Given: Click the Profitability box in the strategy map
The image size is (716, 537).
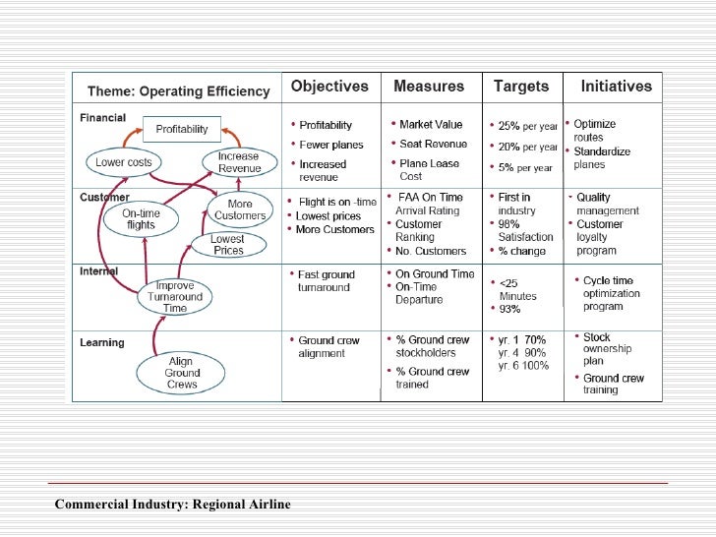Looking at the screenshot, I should pos(181,129).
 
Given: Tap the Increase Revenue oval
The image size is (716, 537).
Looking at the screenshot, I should pos(239,161).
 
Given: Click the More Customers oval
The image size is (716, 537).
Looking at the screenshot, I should pos(240,209).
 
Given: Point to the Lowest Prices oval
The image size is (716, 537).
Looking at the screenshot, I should pos(228,244).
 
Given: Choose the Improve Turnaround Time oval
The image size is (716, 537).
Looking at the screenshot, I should pos(175,296).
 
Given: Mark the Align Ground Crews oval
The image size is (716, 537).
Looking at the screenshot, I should pos(183,373).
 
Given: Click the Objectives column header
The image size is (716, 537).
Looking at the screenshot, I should pos(329,87).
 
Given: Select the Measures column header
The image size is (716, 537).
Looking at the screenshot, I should pos(429,87).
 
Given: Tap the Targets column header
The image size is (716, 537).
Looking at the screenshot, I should pos(520,87).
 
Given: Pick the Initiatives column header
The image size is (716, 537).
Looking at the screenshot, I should pos(616,87).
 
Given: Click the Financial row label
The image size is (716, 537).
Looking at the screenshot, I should pos(103,117).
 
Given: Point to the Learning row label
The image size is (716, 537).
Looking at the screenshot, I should pos(102,343).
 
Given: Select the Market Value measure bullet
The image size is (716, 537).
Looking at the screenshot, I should pos(430,125).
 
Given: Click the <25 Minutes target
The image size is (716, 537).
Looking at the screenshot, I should pos(517,289).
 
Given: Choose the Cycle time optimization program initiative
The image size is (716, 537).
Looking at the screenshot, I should pos(611,293).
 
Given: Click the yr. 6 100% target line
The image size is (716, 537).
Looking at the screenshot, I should pos(522,366).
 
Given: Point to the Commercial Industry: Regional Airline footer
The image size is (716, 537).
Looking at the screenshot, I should pos(173,505).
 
